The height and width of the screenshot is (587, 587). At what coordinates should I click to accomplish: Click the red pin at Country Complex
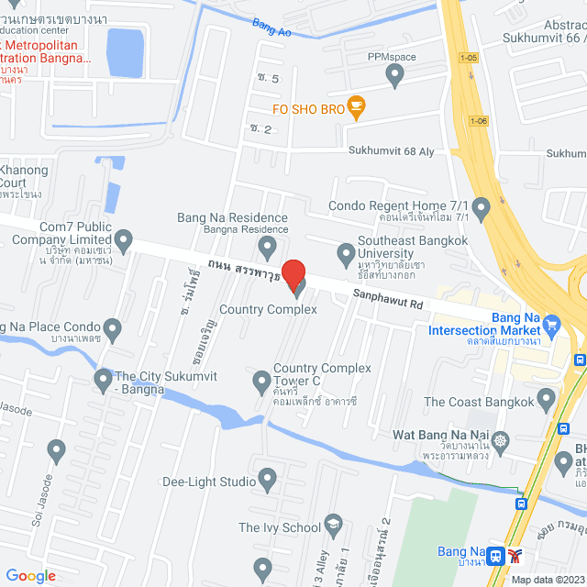pyautogui.click(x=293, y=273)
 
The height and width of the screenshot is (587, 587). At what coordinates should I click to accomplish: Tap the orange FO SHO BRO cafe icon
pyautogui.click(x=357, y=107)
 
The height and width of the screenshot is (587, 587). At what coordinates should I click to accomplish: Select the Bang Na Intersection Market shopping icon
pyautogui.click(x=552, y=324)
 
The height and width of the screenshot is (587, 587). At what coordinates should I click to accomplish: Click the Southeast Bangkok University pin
pyautogui.click(x=346, y=251)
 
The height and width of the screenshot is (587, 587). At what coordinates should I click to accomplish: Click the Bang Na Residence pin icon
pyautogui.click(x=267, y=245)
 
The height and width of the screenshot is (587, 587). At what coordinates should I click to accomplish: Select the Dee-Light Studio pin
pyautogui.click(x=267, y=477)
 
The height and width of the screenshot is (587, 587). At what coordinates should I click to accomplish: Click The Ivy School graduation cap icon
pyautogui.click(x=334, y=526)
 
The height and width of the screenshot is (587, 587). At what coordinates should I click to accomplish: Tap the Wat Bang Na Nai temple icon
pyautogui.click(x=501, y=439)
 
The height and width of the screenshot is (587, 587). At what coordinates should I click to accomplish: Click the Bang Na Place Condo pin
pyautogui.click(x=113, y=327)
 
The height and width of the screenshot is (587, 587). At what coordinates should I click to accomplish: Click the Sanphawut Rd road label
pyautogui.click(x=390, y=296)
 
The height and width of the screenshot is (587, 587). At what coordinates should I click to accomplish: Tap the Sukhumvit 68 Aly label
pyautogui.click(x=395, y=150)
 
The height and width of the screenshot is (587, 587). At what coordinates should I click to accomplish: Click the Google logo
pyautogui.click(x=30, y=575)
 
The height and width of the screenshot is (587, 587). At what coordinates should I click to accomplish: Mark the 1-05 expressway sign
pyautogui.click(x=468, y=57)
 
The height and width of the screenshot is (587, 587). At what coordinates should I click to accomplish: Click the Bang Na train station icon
pyautogui.click(x=496, y=555)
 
